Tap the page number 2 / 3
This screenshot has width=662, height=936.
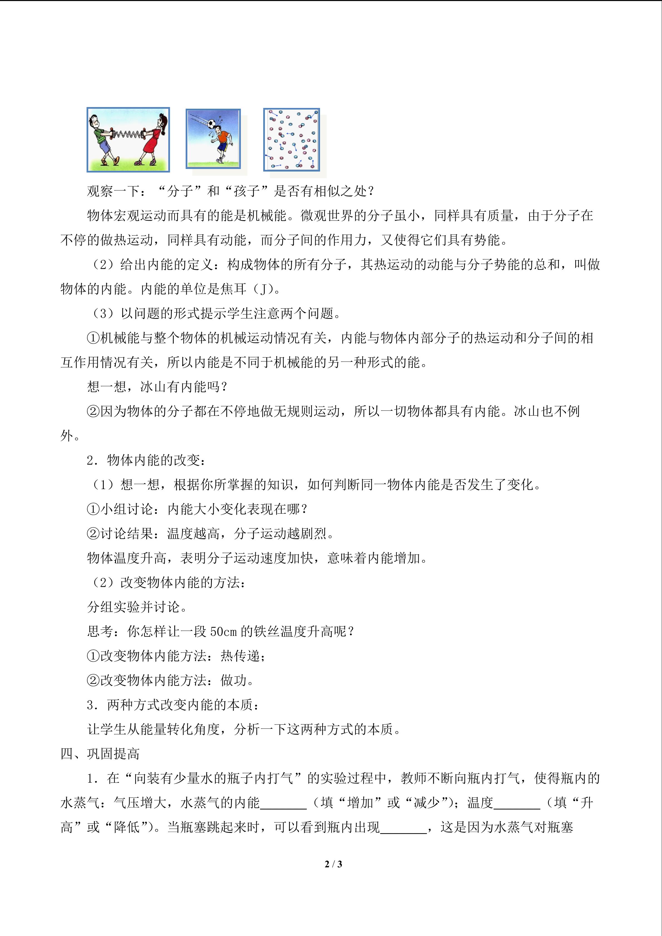333,864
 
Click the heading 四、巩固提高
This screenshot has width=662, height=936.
100,754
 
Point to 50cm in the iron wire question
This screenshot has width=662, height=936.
223,632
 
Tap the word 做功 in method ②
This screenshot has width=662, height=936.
234,681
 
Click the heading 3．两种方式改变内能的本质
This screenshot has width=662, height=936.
173,705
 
